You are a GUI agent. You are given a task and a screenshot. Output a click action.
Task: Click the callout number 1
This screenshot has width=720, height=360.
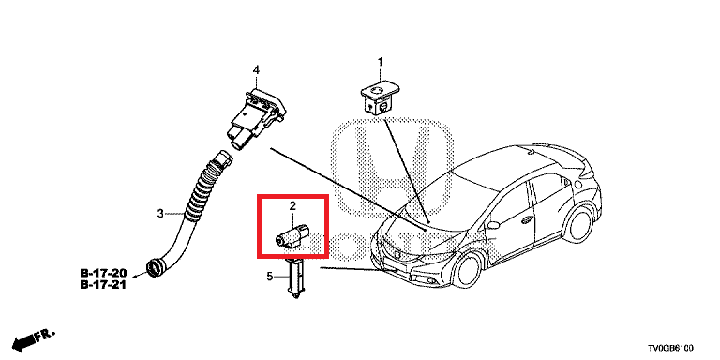381,63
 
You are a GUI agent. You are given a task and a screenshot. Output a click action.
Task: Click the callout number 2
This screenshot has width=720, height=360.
292,205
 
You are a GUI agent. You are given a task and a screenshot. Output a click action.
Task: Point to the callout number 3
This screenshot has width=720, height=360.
160,214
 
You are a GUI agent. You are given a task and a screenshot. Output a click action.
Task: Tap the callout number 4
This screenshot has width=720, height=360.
256,70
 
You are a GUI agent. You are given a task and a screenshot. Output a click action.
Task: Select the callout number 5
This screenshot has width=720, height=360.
270,276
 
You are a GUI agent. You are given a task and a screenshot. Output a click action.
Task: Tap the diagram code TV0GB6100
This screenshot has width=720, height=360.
676,346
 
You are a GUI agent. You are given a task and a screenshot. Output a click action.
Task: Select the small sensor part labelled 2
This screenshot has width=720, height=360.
292,234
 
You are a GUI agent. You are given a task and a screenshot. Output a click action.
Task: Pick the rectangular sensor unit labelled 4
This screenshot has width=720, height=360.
254,115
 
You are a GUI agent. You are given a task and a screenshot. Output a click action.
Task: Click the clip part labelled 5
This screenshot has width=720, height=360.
295,279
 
